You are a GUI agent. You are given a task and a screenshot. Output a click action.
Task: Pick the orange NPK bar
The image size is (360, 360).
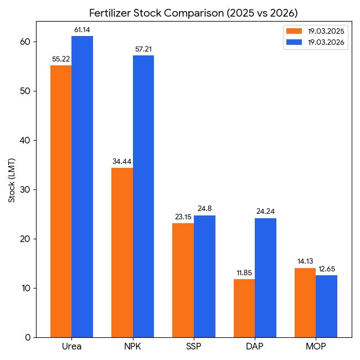click(x=122, y=252)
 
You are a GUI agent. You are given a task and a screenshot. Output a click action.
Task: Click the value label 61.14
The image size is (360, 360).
click(x=83, y=29)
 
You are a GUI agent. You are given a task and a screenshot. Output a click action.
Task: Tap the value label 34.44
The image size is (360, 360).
click(x=122, y=161)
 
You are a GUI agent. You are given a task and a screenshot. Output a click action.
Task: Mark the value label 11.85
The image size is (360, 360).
click(x=244, y=272)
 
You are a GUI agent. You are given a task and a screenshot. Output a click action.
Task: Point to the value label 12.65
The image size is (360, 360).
click(x=327, y=269)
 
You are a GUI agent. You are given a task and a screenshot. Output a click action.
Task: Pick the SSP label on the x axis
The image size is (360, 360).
click(x=194, y=347)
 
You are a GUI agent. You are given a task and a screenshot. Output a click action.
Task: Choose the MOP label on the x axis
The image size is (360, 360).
click(x=316, y=347)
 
